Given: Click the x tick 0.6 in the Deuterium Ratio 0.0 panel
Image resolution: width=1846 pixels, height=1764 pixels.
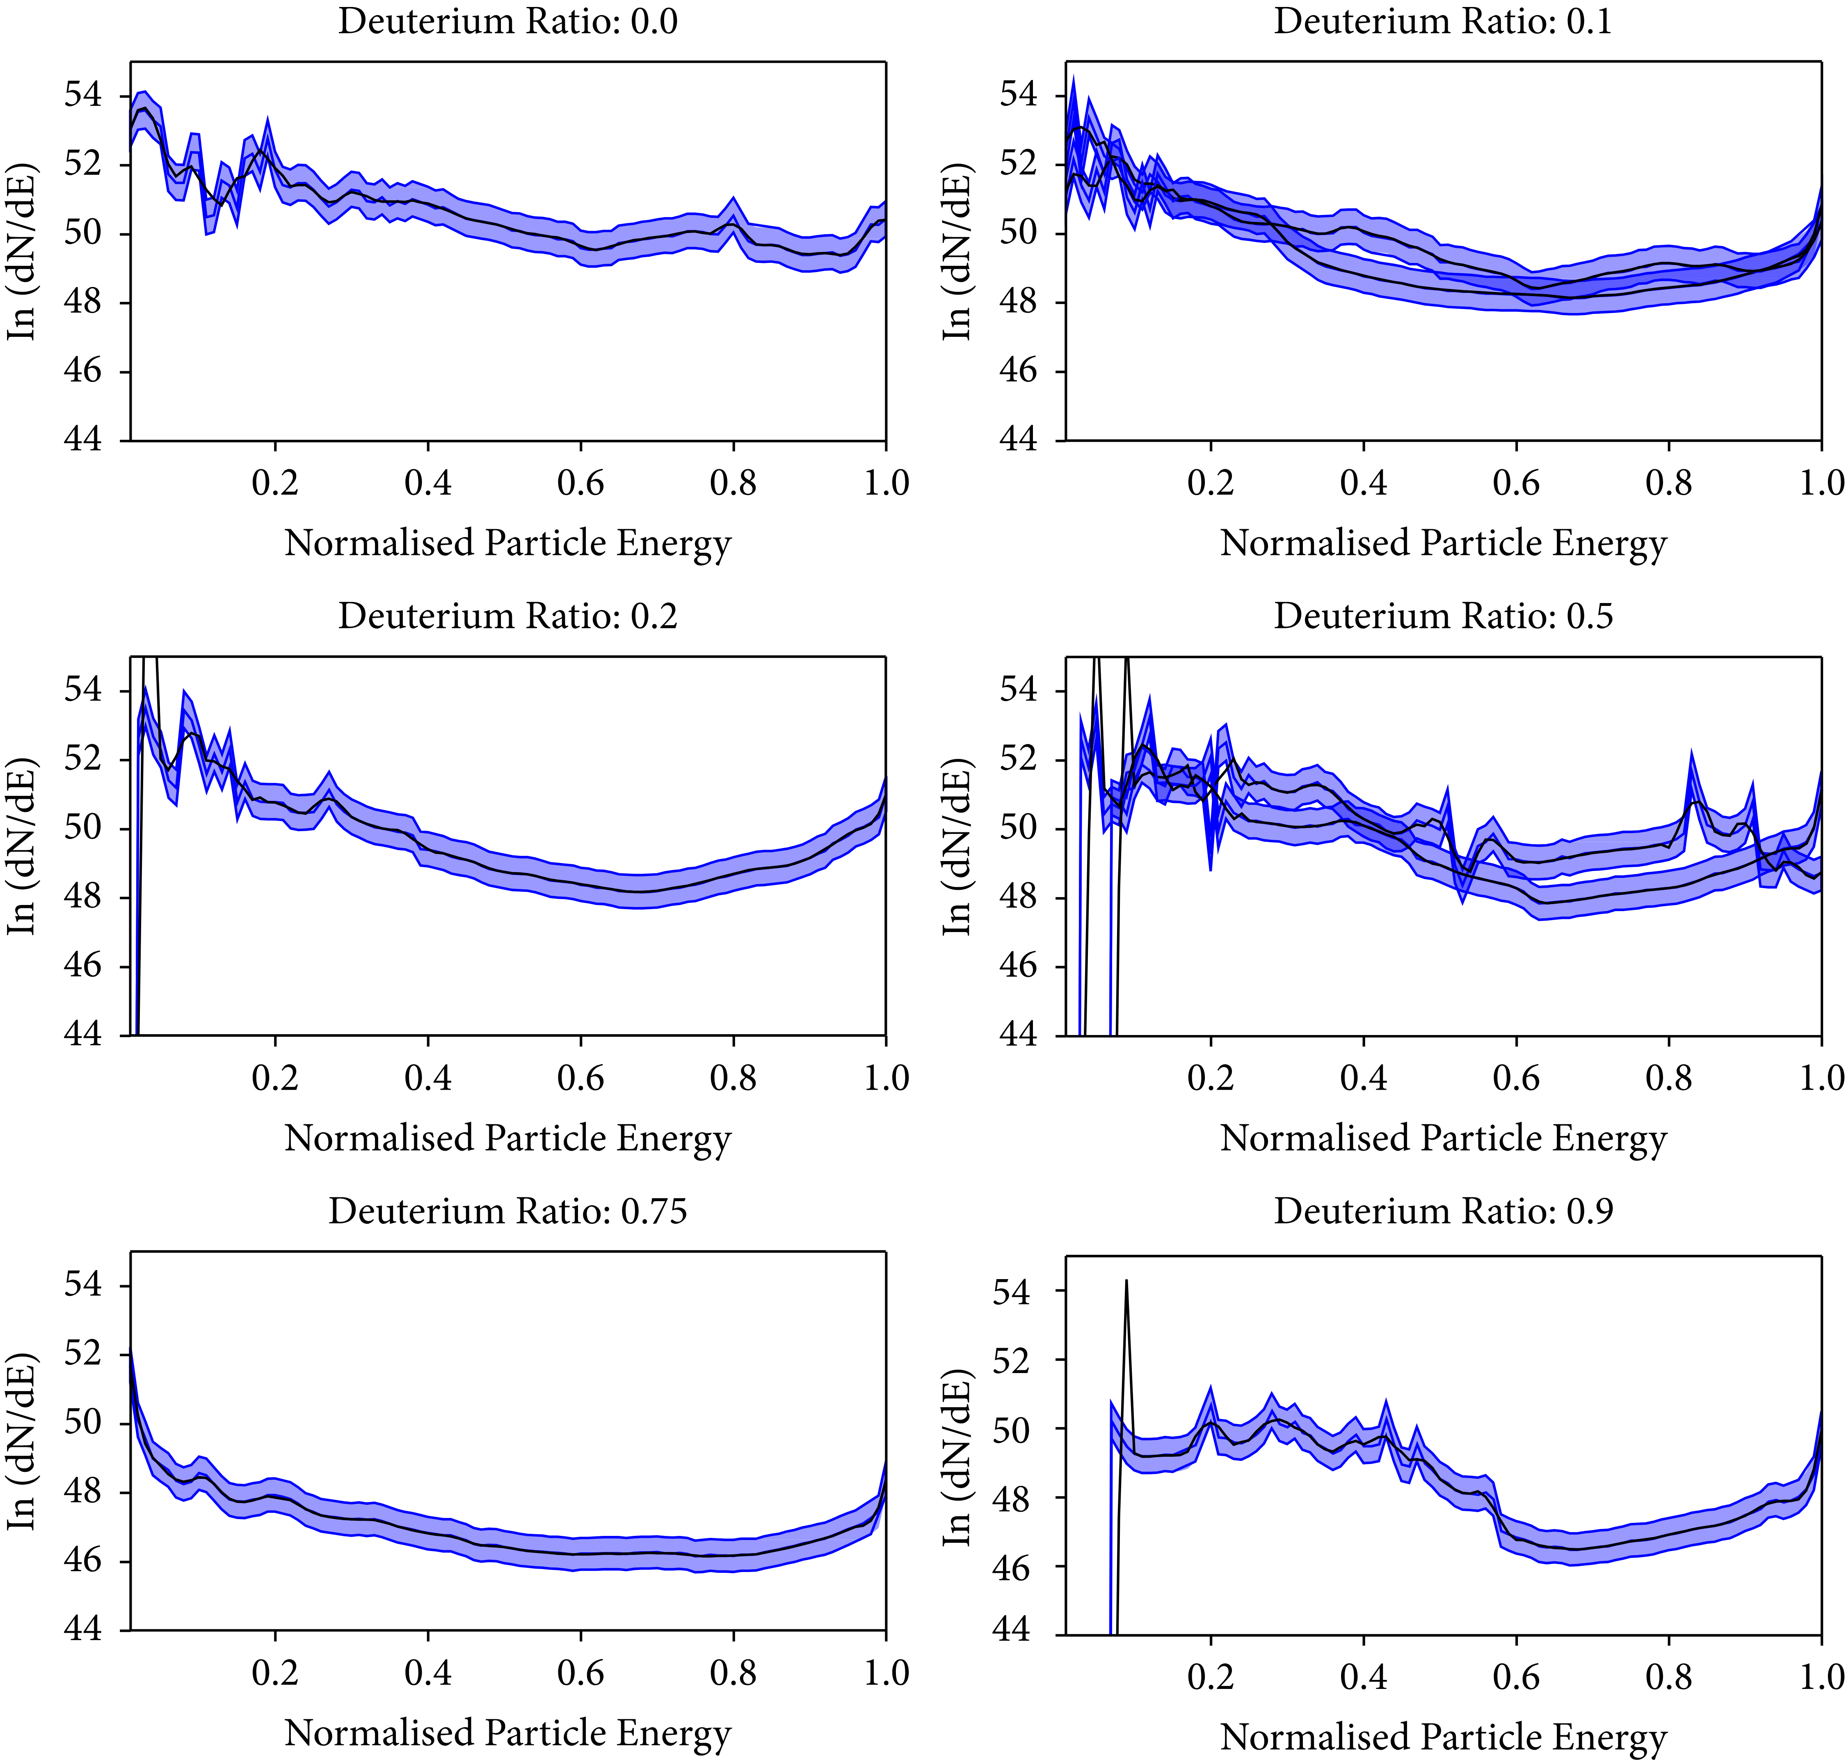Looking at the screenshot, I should click(x=580, y=483).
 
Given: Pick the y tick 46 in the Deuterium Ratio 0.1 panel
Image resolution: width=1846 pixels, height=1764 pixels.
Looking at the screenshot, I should click(x=1019, y=371).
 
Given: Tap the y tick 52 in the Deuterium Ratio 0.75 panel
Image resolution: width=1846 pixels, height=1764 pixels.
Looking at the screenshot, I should click(x=83, y=1354).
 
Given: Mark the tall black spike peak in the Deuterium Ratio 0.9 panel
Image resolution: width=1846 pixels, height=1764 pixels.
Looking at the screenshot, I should click(x=1126, y=1281).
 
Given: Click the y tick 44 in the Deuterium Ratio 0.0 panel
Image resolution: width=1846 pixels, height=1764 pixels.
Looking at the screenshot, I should click(x=83, y=440).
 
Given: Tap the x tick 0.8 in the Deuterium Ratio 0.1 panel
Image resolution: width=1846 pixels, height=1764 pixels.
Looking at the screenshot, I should click(x=1668, y=483).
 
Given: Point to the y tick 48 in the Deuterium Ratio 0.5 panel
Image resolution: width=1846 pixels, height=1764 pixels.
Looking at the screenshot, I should click(x=1019, y=897).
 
